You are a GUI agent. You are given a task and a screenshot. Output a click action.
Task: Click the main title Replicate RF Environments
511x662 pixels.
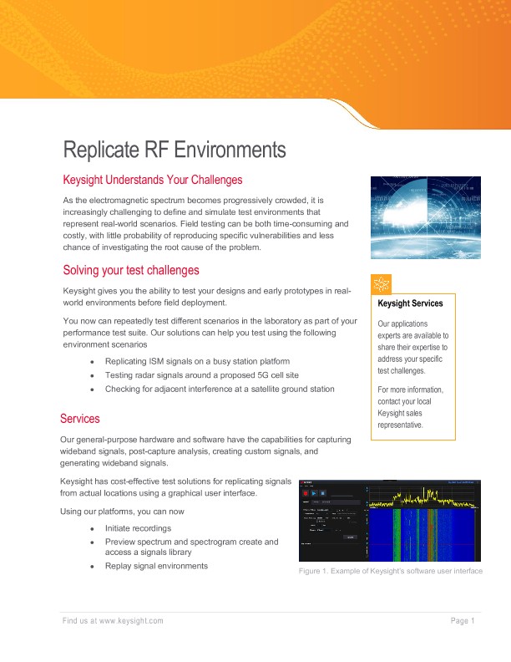pos(175,150)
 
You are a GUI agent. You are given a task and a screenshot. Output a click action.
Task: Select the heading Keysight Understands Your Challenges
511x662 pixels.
pos(153,180)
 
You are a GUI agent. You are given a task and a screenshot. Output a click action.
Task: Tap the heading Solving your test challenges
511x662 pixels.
pos(131,270)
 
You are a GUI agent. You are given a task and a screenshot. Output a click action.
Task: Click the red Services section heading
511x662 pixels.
pos(80,418)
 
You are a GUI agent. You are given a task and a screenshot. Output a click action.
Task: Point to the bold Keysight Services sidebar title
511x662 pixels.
pos(410,303)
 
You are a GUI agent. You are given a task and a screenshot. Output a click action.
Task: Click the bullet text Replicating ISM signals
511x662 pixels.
pos(197,361)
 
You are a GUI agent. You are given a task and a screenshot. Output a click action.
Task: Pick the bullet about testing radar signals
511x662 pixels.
pos(203,375)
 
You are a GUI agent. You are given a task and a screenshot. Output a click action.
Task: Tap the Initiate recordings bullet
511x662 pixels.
pos(138,528)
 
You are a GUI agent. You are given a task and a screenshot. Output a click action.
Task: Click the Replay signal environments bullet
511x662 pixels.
pos(156,566)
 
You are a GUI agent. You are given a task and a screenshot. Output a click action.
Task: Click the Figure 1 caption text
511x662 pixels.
pos(390,571)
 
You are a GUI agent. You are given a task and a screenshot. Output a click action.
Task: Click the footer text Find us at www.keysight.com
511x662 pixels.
pos(113,620)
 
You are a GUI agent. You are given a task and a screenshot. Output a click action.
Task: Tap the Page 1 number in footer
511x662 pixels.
pos(463,620)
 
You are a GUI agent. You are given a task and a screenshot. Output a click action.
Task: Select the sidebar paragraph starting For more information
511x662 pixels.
pos(410,407)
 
